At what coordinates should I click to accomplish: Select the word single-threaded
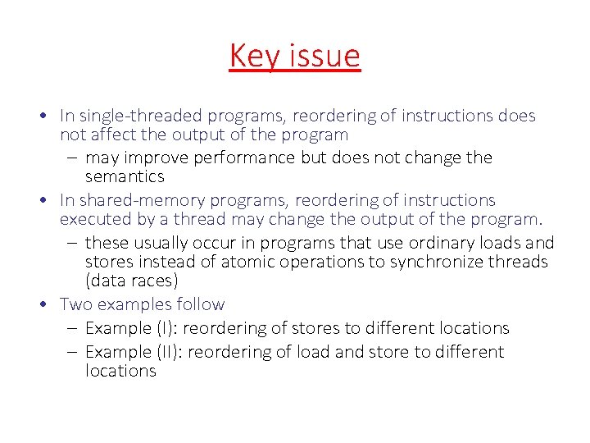coord(141,116)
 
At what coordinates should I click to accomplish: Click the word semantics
coord(125,176)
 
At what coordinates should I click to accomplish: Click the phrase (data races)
coord(131,281)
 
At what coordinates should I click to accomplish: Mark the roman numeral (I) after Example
coord(164,328)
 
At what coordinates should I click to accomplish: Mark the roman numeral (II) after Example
coord(166,352)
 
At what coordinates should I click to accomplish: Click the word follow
coord(200,304)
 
